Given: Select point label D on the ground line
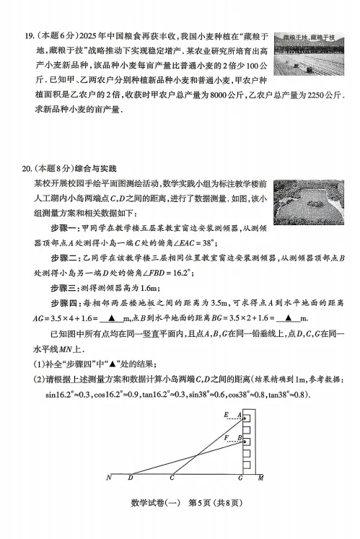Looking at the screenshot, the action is click(130, 478).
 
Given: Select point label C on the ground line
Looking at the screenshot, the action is click(172, 478).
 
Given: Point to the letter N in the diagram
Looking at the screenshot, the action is click(109, 478).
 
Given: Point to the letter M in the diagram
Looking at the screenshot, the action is click(260, 478).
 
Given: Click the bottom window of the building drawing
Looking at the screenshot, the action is click(246, 462).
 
